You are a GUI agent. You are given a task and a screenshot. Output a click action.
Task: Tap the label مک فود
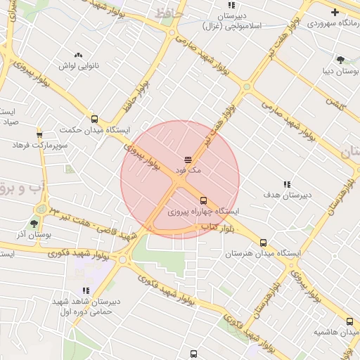(189, 171)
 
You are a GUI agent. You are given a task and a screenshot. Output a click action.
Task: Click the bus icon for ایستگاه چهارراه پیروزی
(204, 200)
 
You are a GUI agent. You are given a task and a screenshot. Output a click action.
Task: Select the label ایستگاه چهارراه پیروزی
(204, 211)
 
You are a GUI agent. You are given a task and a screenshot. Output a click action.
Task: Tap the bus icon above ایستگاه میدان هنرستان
(264, 243)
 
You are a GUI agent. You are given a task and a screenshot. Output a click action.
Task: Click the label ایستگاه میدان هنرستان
(264, 253)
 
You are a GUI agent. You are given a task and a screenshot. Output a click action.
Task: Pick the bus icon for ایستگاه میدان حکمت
(94, 119)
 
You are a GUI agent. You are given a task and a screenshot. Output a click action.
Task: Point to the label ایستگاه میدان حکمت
(95, 130)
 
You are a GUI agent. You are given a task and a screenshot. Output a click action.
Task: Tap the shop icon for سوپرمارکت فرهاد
(39, 134)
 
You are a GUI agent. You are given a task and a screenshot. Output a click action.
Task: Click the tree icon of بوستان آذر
(34, 224)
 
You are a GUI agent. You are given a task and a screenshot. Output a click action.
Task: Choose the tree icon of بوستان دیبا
(341, 60)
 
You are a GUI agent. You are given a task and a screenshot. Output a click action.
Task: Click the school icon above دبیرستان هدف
(286, 184)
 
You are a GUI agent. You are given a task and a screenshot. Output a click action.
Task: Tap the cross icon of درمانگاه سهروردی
(335, 12)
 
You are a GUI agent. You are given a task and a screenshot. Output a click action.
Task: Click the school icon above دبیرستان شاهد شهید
(86, 290)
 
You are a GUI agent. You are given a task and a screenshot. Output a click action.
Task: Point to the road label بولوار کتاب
(216, 226)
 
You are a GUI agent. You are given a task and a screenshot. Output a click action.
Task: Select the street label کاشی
(333, 103)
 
